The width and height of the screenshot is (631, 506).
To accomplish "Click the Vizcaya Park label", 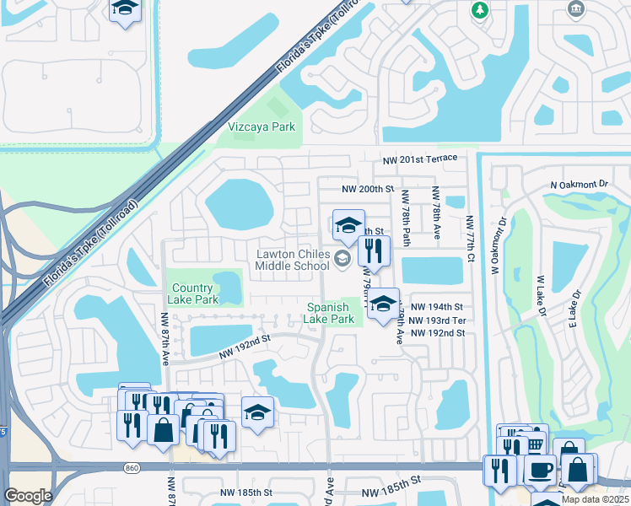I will pyautogui.click(x=262, y=126).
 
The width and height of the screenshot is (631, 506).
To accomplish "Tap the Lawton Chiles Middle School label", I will pyautogui.click(x=293, y=260).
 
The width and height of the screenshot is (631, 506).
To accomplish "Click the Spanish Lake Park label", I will pyautogui.click(x=330, y=313).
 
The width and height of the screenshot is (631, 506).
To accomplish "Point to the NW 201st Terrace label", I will pyautogui.click(x=419, y=159).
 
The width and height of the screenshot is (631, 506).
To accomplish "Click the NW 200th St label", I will pyautogui.click(x=368, y=190).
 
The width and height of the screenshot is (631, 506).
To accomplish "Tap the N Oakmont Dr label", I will pyautogui.click(x=579, y=183).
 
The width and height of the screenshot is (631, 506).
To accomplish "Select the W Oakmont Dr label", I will pyautogui.click(x=497, y=245).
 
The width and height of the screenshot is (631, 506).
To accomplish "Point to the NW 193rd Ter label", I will pyautogui.click(x=435, y=320).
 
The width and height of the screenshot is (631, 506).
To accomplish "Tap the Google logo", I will pyautogui.click(x=29, y=496).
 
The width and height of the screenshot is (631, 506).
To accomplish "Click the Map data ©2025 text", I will pyautogui.click(x=595, y=499).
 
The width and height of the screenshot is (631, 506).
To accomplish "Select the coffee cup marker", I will pyautogui.click(x=540, y=471).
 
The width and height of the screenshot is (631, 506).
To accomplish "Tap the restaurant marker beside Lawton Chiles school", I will pyautogui.click(x=374, y=250).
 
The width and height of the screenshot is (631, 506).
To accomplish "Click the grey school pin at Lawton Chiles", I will pyautogui.click(x=342, y=259).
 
